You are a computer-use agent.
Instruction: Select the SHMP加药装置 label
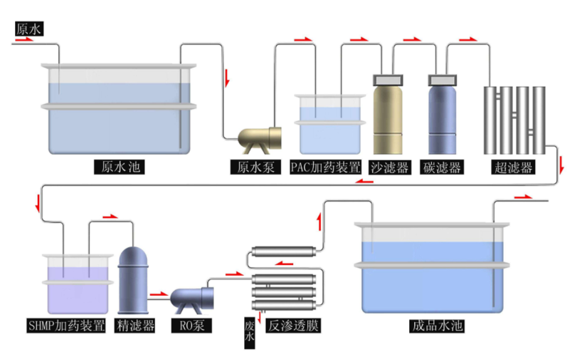click(x=74, y=326)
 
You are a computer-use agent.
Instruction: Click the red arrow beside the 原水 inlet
click(x=24, y=40)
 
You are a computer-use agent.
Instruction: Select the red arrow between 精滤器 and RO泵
click(x=158, y=293)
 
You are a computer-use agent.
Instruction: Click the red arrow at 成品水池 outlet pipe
click(x=523, y=197)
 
